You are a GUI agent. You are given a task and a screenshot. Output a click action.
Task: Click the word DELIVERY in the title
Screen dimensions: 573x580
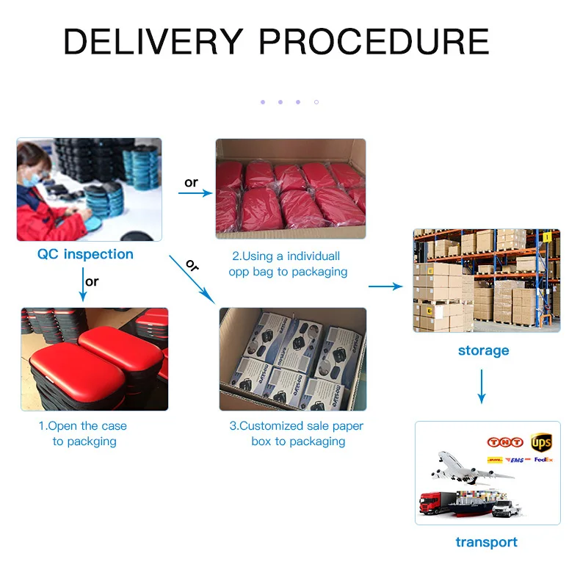tap(153, 42)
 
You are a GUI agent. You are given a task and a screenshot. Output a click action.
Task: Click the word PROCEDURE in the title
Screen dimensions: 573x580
tap(374, 42)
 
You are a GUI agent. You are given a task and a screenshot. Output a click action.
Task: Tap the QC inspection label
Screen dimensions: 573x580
tap(85, 254)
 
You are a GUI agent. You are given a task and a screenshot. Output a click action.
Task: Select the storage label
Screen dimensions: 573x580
tap(483, 350)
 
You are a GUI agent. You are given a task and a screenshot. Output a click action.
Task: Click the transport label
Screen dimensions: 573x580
tap(486, 542)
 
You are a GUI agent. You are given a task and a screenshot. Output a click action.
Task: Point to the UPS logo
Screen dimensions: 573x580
tap(541, 443)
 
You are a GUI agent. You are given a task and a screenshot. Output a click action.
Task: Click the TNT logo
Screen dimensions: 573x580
tap(504, 442)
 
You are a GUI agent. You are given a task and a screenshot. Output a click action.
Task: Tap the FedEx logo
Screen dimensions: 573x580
tap(543, 460)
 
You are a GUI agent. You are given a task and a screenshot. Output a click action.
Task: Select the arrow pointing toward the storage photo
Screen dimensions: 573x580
tap(385, 286)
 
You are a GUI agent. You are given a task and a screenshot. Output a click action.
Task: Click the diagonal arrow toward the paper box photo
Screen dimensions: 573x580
tap(192, 279)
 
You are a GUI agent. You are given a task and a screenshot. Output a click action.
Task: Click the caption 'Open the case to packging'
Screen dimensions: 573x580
tap(83, 433)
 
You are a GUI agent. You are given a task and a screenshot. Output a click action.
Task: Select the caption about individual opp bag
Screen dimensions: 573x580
tap(288, 264)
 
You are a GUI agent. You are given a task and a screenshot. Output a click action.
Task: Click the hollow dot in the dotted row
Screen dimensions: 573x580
tap(316, 102)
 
